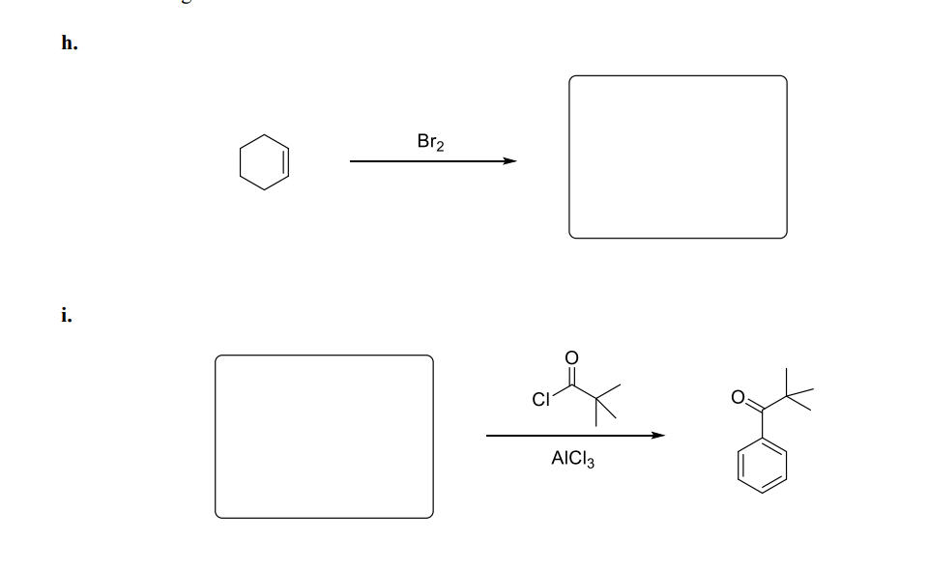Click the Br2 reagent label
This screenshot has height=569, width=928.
point(430,142)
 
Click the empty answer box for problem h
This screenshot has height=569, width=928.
point(678,156)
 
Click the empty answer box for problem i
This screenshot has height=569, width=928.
point(324,436)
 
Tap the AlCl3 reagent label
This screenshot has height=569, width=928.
point(573,461)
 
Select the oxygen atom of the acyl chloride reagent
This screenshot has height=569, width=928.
point(571,357)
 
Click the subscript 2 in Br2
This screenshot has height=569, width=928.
point(440,146)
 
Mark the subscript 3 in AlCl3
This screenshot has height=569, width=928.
point(591,465)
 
